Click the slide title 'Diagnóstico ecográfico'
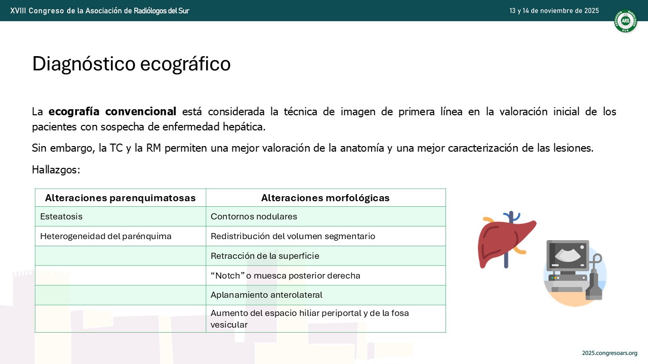coord(131,64)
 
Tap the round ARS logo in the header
coord(625,21)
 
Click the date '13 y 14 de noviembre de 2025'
coord(554,11)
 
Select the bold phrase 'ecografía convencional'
coord(112,112)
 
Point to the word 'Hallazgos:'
coord(56,170)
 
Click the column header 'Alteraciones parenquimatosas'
coord(120,198)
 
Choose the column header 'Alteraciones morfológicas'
coord(326,198)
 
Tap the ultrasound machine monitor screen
coord(568,255)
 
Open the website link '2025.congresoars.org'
coord(610,353)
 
